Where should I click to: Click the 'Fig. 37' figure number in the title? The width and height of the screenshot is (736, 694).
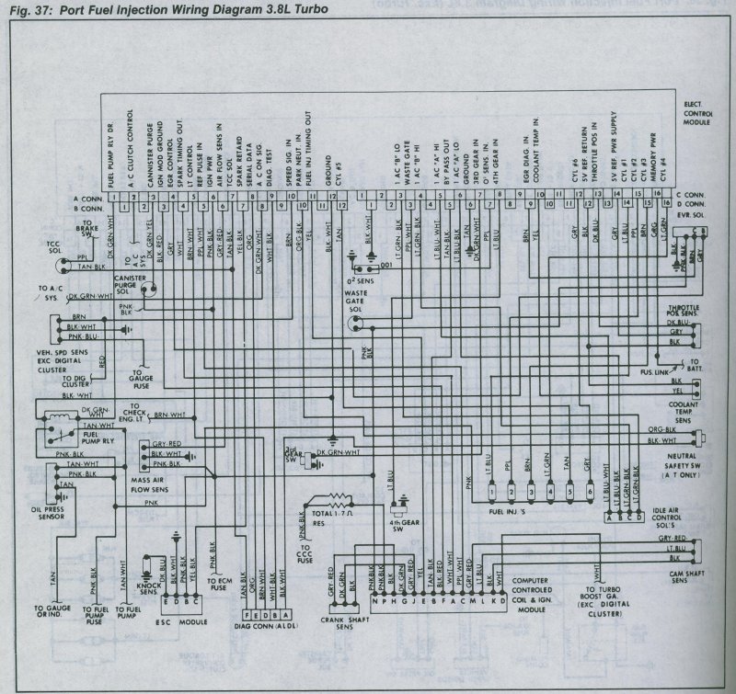click(24, 8)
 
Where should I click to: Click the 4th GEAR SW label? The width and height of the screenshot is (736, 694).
click(400, 527)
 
